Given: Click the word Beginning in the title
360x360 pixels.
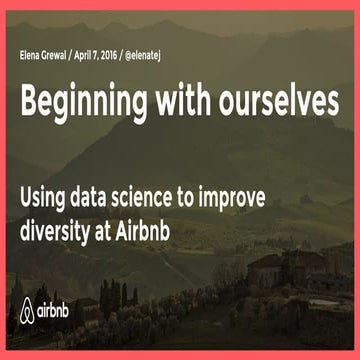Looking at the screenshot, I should pos(84,99).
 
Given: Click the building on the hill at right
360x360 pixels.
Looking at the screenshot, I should pos(268,266).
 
